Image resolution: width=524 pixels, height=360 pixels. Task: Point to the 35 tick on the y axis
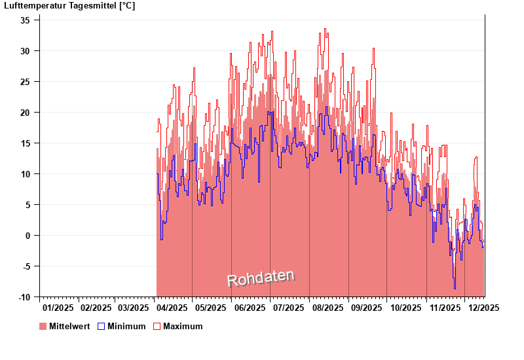tap(26, 20)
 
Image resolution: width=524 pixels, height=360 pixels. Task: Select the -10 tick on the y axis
tap(24, 297)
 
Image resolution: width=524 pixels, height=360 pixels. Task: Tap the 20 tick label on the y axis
tap(26, 113)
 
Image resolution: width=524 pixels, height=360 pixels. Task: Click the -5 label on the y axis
tap(26, 266)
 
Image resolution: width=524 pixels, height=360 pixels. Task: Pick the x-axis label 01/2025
tap(58, 308)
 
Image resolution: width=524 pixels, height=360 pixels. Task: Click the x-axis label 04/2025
tap(174, 308)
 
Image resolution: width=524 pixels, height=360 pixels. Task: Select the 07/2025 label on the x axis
tap(289, 308)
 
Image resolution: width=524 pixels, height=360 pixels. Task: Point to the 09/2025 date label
tap(367, 308)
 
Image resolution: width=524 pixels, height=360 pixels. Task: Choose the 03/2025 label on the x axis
tap(134, 308)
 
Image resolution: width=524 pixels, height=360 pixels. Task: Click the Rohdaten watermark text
tap(261, 278)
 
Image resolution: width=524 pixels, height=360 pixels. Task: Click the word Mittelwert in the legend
tap(69, 327)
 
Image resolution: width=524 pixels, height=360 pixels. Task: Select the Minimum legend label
tap(126, 327)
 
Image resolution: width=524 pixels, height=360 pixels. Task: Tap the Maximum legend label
tap(183, 327)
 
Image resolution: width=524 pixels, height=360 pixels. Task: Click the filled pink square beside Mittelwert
tap(43, 327)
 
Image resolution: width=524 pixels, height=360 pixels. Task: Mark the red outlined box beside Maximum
tap(157, 327)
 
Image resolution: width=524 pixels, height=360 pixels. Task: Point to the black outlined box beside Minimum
tap(101, 327)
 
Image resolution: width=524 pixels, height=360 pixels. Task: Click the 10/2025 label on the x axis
tap(405, 308)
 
